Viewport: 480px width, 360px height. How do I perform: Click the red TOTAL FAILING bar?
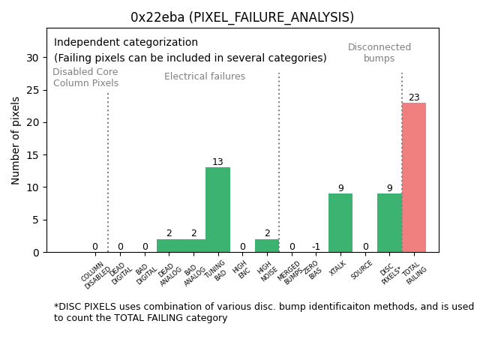pyautogui.click(x=414, y=177)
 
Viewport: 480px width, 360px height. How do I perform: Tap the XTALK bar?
pyautogui.click(x=340, y=223)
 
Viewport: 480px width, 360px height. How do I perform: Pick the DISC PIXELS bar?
pyautogui.click(x=389, y=223)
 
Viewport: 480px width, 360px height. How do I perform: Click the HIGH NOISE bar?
pyautogui.click(x=267, y=245)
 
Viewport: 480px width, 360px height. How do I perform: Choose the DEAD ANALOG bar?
pyautogui.click(x=169, y=245)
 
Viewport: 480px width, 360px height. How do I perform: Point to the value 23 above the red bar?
pyautogui.click(x=414, y=97)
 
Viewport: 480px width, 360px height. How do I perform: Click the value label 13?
pyautogui.click(x=217, y=162)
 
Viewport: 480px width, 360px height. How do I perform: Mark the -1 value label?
pyautogui.click(x=316, y=247)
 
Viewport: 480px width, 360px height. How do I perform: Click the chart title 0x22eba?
pyautogui.click(x=242, y=17)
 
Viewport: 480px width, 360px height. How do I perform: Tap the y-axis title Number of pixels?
pyautogui.click(x=16, y=140)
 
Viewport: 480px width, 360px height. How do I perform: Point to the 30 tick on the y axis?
pyautogui.click(x=32, y=57)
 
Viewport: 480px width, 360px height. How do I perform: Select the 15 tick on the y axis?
pyautogui.click(x=32, y=154)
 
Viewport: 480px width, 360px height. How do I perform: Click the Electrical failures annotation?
pyautogui.click(x=205, y=76)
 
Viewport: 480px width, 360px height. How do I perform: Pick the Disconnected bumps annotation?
pyautogui.click(x=379, y=52)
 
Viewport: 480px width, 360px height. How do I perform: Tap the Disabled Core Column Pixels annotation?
pyautogui.click(x=85, y=77)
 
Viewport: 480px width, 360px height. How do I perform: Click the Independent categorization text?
pyautogui.click(x=126, y=43)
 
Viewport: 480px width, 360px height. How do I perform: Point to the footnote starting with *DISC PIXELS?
pyautogui.click(x=263, y=312)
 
